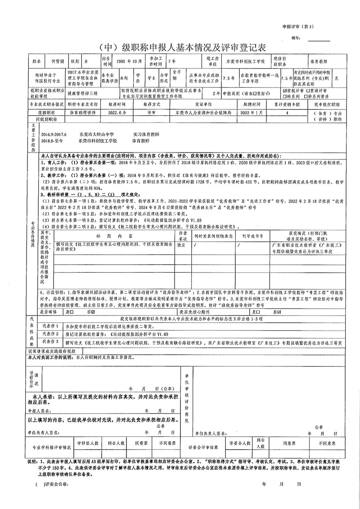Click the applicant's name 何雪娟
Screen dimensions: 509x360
pyautogui.click(x=59, y=60)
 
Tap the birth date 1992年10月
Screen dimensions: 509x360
pyautogui.click(x=129, y=60)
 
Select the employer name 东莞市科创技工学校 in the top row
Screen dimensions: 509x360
pyautogui.click(x=245, y=60)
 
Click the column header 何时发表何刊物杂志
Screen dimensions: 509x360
pyautogui.click(x=213, y=235)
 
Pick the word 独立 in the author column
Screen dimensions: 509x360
pyautogui.click(x=182, y=245)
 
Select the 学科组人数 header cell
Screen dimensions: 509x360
pyautogui.click(x=88, y=443)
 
